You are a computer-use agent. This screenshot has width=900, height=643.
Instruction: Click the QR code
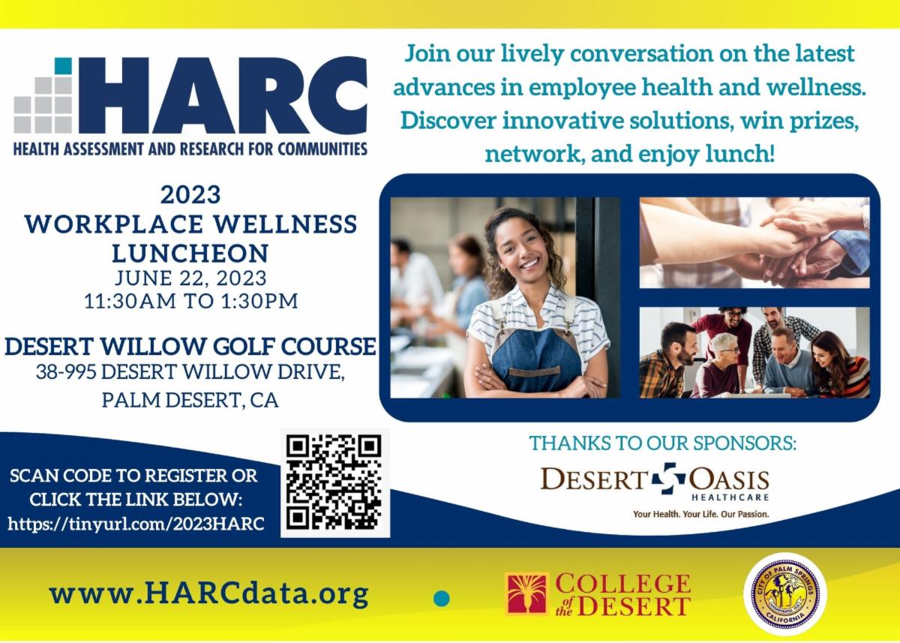click(x=334, y=482)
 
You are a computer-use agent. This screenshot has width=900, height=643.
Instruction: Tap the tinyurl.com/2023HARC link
click(x=136, y=523)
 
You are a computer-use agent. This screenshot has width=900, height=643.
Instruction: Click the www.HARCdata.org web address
click(x=209, y=594)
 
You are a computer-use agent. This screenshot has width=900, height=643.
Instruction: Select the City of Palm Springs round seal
click(x=784, y=594)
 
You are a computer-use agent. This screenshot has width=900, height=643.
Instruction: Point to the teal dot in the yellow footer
click(x=442, y=598)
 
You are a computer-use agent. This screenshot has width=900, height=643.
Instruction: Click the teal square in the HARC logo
click(x=64, y=66)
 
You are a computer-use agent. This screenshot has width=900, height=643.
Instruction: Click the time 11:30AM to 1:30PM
click(x=190, y=302)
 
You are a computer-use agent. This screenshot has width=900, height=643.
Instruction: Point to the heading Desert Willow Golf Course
click(x=190, y=347)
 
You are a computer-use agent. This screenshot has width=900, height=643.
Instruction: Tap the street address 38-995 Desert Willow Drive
click(x=190, y=372)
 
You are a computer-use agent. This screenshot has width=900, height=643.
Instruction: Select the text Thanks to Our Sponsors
click(x=662, y=443)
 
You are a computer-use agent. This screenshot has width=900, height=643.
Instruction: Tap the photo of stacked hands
click(x=754, y=242)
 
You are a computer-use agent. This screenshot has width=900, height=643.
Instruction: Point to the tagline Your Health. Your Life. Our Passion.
click(x=701, y=515)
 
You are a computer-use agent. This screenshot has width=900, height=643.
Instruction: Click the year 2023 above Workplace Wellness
click(x=190, y=195)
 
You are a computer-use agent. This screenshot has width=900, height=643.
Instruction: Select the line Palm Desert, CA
click(x=190, y=400)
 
